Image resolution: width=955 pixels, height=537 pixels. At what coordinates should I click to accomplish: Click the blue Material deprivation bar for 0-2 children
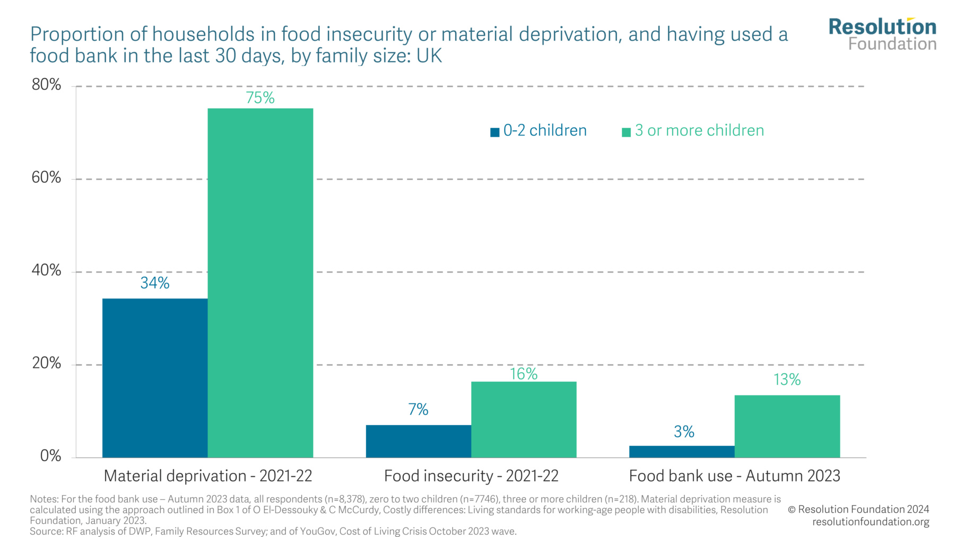[155, 378]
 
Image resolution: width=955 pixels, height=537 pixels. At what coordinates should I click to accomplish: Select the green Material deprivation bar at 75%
[260, 283]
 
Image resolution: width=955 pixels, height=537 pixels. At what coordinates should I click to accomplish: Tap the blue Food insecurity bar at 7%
[418, 441]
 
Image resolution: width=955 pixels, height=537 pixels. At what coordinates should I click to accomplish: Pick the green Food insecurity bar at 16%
[524, 419]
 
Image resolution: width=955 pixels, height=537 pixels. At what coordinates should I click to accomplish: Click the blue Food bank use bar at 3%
[682, 452]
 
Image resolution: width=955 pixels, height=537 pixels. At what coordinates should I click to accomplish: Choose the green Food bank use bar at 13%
[787, 426]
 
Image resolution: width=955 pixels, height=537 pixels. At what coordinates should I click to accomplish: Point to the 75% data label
[260, 98]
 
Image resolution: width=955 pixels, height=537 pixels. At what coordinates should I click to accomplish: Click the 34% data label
[155, 283]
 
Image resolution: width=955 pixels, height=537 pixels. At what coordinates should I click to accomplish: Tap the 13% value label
[787, 380]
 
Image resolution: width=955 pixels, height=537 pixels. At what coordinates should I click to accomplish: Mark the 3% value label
[684, 432]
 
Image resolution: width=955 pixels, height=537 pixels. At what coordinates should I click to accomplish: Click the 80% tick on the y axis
[47, 85]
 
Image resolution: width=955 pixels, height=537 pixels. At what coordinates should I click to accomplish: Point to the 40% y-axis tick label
[47, 270]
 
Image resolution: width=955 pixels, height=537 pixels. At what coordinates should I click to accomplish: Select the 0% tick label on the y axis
[50, 456]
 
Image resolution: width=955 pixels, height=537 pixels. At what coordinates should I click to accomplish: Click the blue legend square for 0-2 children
[494, 132]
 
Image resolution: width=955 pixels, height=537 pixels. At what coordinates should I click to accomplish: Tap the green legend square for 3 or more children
[626, 132]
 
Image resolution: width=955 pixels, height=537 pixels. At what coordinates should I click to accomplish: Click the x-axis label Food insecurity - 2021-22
[471, 476]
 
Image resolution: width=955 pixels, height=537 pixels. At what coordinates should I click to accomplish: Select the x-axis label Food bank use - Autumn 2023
[734, 476]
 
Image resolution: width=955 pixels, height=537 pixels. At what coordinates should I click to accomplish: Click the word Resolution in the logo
[882, 27]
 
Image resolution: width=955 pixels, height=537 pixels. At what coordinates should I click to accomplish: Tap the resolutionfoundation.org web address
[871, 522]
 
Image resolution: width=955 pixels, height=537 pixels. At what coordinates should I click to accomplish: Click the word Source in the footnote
[45, 531]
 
